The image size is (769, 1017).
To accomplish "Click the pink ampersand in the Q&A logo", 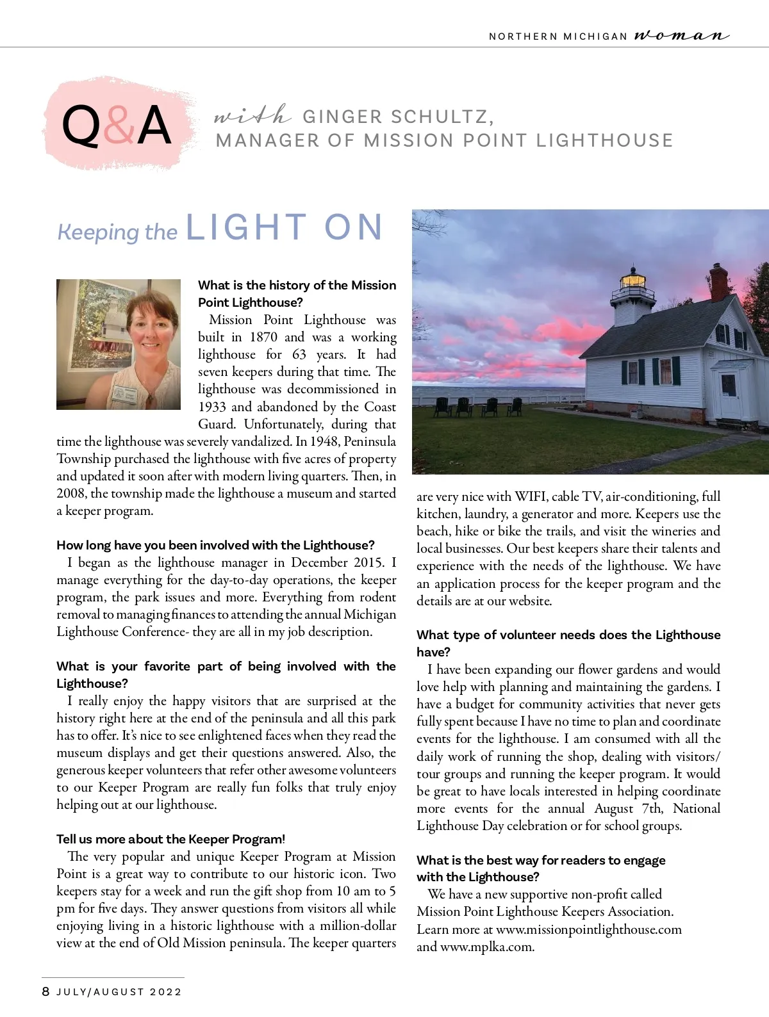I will tap(120, 125).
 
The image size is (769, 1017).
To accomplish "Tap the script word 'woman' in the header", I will tap(682, 35).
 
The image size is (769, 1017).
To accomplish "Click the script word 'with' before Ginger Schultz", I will tap(252, 116).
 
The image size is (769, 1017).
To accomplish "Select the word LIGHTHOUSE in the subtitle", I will tap(604, 140).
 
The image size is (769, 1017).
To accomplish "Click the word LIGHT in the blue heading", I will tap(246, 228).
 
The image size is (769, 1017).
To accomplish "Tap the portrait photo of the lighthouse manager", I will tap(119, 344).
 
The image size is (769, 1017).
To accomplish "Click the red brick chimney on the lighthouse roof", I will tap(719, 282).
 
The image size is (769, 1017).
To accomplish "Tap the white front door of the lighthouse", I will tap(729, 392).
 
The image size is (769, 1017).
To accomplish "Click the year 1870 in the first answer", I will tap(263, 338).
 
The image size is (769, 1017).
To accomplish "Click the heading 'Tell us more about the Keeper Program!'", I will tap(170, 839).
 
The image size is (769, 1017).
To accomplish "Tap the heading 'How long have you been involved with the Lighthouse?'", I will tap(215, 545).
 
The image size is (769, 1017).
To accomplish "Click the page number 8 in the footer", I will tap(45, 991).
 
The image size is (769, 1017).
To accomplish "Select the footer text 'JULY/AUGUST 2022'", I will tap(119, 992).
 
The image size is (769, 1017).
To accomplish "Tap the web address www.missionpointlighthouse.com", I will tap(588, 929).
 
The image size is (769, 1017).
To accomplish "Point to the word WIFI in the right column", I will tap(530, 496).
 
